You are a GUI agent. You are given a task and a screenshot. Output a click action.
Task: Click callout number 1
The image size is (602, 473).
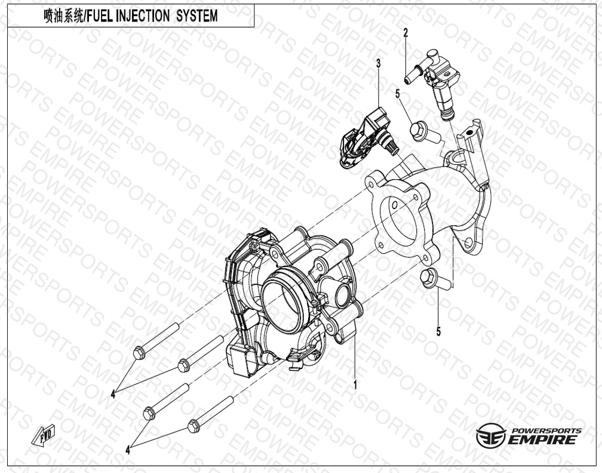pos(355,385)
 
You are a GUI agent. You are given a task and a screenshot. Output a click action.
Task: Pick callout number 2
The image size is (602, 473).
pos(406,33)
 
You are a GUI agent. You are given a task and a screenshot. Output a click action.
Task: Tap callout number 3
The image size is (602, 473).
pos(379,63)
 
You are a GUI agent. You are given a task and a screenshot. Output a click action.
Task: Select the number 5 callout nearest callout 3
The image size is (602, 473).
pos(398,93)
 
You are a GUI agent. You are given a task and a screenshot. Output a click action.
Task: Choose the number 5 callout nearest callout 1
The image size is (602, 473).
pos(438,331)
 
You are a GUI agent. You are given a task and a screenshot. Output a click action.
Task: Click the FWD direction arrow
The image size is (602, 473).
pos(44,435)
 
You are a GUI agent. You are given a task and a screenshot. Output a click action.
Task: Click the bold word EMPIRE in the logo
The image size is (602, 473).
pos(542,439)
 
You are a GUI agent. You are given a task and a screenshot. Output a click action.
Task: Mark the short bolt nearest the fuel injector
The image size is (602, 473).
pos(427,132)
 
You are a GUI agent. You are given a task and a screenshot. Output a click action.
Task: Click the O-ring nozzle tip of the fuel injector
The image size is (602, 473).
pos(447,115)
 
